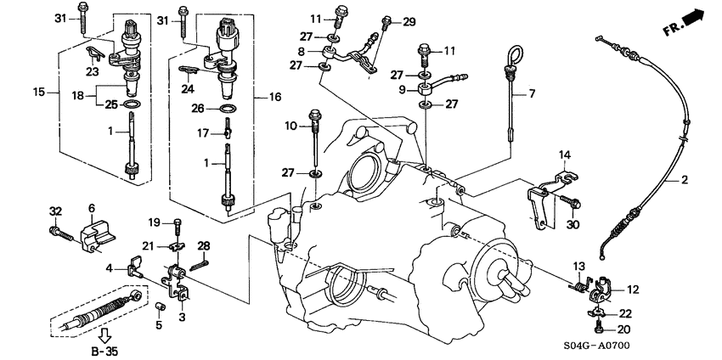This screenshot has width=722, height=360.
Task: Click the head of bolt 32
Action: (x=54, y=230)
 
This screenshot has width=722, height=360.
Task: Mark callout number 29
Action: (x=409, y=21)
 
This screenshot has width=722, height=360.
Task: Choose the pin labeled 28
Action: (x=200, y=264)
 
